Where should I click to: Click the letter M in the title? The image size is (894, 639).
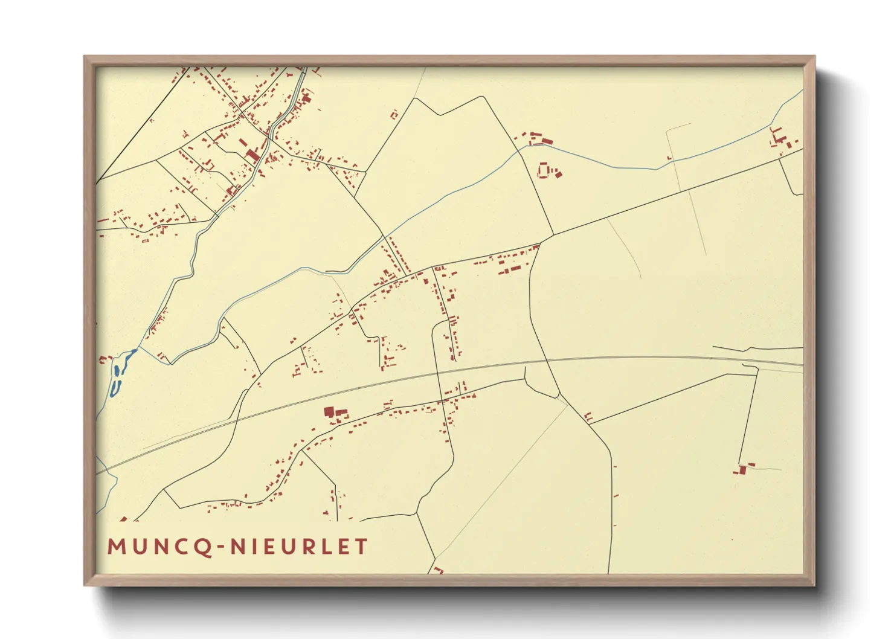point(115,547)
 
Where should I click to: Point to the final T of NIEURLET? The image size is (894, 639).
point(361,547)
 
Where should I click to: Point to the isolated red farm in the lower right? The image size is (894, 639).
point(743,469)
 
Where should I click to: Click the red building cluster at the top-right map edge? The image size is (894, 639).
point(780,140)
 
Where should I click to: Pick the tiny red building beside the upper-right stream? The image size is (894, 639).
point(669,158)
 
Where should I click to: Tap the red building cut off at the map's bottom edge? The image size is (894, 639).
point(437,570)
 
